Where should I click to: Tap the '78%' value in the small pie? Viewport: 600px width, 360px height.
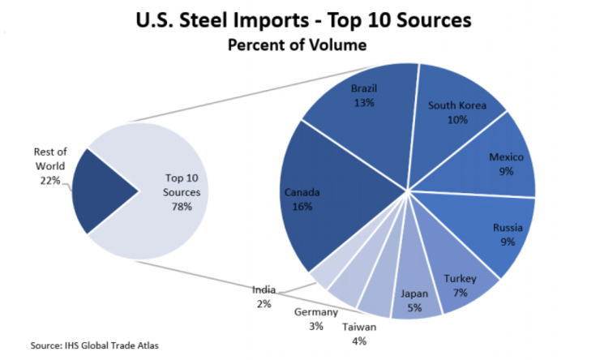pyautogui.click(x=181, y=207)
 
